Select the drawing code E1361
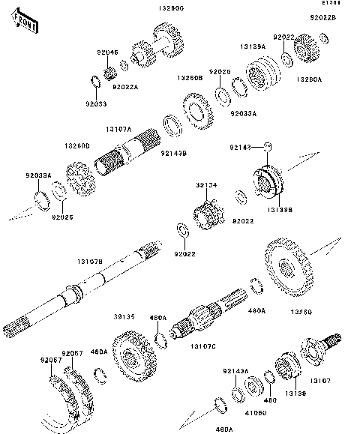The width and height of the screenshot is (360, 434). point(346,4)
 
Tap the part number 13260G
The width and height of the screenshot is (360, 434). point(169,7)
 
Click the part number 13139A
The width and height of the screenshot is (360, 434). point(253,46)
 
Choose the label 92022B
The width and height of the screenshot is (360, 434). point(323,16)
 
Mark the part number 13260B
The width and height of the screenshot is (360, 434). point(190,77)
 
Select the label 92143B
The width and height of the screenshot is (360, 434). point(174,153)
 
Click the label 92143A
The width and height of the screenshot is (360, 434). point(235,371)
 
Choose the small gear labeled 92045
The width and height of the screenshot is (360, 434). point(109,73)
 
